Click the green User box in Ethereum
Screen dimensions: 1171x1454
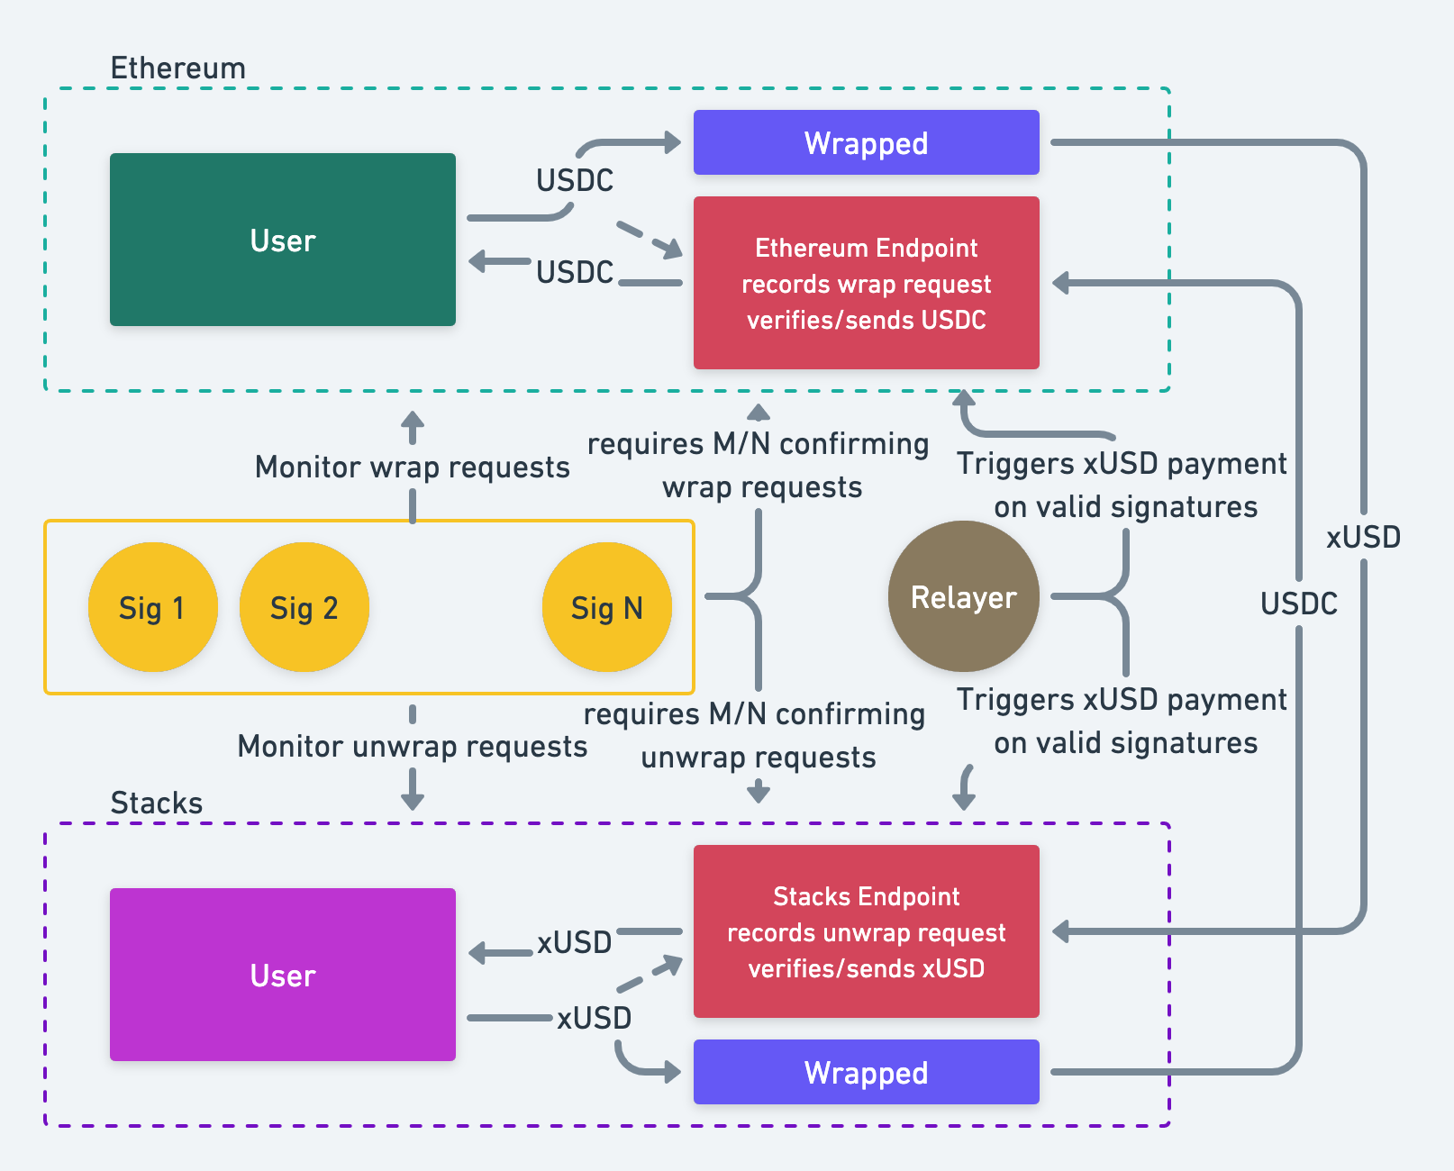283,240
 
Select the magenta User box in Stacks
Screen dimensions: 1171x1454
283,975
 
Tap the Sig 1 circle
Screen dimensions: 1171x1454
152,607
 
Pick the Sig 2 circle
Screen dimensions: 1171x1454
304,607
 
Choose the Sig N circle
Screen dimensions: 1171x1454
606,607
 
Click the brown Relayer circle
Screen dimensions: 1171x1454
963,596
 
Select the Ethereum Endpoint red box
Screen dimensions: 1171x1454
866,283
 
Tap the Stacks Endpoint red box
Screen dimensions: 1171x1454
866,931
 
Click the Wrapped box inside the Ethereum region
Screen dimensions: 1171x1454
866,142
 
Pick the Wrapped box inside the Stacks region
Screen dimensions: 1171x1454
866,1072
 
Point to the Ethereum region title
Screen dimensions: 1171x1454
177,68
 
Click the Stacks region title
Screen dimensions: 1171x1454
156,803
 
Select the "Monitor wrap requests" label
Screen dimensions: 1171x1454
412,467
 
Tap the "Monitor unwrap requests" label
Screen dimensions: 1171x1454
412,746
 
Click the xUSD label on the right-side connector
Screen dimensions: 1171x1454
1363,537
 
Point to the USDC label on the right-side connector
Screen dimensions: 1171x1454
1298,603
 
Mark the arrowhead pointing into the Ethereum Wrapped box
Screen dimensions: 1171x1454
672,142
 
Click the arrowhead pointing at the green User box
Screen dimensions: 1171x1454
478,262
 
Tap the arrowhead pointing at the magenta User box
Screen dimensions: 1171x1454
478,953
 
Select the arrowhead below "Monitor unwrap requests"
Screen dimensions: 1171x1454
413,800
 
